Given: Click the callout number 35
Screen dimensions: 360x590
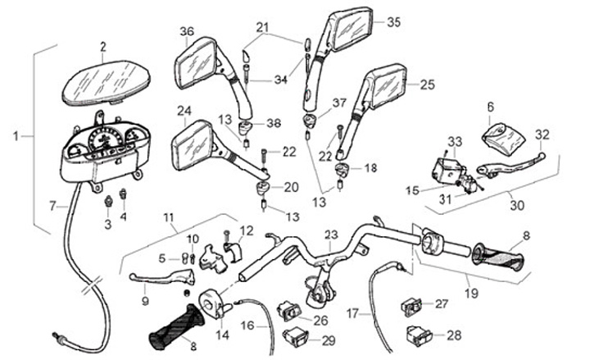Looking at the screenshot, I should [x=394, y=22].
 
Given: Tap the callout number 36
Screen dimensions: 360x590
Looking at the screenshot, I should [x=187, y=32].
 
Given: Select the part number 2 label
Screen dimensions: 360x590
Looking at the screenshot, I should [x=103, y=46].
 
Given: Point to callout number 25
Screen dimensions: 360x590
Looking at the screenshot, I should [x=427, y=84].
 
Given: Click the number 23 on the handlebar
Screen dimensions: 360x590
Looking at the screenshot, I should [x=330, y=234].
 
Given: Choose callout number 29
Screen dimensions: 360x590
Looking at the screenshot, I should [x=329, y=339].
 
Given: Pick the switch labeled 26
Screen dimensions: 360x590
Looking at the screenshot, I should [x=290, y=309].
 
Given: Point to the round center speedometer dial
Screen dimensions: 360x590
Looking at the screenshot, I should [x=106, y=140].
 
